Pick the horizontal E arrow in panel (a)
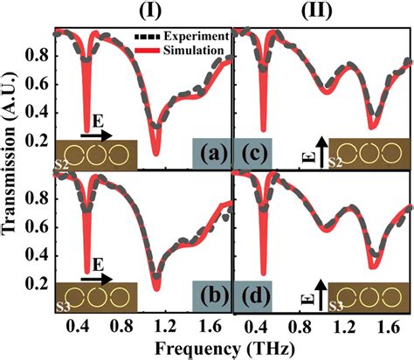click(x=94, y=136)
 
